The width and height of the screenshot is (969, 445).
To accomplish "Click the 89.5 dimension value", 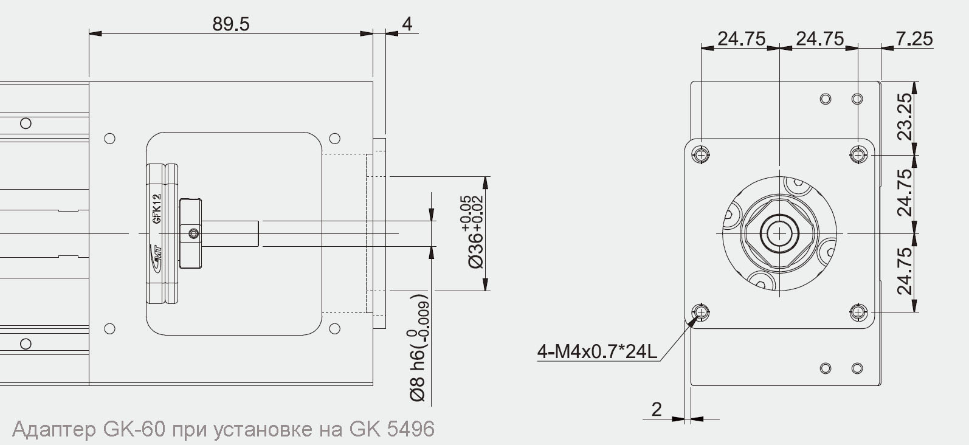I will click(x=230, y=24).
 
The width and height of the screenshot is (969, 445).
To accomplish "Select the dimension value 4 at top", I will click(x=407, y=24).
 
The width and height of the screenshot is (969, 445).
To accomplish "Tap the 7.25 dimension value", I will click(x=914, y=38).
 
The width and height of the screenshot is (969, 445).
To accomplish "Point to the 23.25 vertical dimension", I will click(x=905, y=117).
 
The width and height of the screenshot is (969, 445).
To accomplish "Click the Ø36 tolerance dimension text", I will click(x=474, y=232).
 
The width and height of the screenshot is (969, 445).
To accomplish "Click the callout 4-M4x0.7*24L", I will click(x=597, y=351).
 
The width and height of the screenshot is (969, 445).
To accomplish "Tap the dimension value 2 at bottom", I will click(x=657, y=409).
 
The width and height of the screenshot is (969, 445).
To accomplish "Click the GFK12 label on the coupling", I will click(x=156, y=209).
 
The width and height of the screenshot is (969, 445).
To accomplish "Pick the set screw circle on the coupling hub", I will click(x=193, y=233).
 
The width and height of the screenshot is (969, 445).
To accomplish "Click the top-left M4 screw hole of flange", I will click(x=702, y=155).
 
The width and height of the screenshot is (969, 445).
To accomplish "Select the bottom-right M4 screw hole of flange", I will click(x=858, y=312).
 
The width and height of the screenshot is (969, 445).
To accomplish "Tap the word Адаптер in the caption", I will click(x=53, y=429).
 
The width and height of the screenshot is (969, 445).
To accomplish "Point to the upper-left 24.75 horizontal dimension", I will click(x=741, y=38).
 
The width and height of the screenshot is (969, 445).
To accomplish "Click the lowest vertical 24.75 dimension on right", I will click(x=905, y=271).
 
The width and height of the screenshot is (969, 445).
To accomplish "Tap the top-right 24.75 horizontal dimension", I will click(x=819, y=38).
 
